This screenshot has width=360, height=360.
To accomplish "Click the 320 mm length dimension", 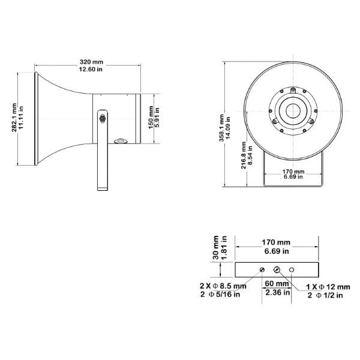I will point(90,61).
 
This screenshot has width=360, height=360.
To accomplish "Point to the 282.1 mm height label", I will point(14,119).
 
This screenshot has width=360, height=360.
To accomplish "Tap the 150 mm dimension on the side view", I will point(150,118).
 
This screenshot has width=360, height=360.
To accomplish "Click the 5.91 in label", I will point(157,118).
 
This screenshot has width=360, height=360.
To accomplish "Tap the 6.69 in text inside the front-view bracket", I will point(293,177).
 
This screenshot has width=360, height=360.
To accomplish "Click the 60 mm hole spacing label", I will point(278,283).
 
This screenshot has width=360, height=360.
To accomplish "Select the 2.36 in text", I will point(278,292).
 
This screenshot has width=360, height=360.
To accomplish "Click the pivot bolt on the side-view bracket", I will point(103,118).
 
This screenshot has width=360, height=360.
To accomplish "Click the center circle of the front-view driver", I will point(293,110).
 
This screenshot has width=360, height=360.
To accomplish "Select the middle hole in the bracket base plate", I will point(277,269).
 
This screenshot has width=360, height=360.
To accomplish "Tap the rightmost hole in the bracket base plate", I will point(292,269).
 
